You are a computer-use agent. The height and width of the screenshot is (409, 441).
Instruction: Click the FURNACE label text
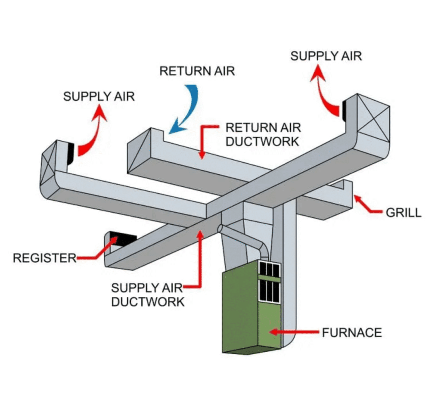[351, 333]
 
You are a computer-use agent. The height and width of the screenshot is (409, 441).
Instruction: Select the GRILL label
[403, 212]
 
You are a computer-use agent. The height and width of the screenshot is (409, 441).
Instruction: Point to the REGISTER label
[44, 258]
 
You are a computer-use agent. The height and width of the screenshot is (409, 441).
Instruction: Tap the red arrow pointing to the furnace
[293, 332]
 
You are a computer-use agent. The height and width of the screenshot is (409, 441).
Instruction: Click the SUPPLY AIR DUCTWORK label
[147, 294]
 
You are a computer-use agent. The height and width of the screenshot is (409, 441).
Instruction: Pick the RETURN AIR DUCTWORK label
[263, 134]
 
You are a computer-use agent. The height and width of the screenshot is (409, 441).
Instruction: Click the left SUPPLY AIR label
[99, 96]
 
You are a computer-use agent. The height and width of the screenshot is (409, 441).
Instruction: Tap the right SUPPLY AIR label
[326, 56]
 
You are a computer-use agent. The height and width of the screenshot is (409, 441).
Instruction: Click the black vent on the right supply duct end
[345, 109]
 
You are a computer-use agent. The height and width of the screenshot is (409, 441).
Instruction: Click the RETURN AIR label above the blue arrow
[197, 71]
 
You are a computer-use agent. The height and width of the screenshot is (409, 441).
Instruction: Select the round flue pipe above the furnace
[245, 241]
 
